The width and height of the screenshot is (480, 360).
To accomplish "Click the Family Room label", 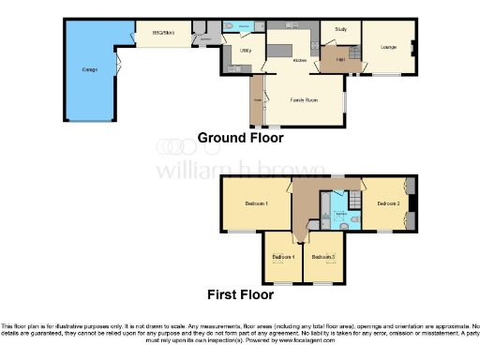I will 303,98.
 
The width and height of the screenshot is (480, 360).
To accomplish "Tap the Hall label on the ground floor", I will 341,60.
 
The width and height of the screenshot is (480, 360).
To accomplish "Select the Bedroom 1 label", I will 256,203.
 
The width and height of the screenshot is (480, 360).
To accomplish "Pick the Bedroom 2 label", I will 389,203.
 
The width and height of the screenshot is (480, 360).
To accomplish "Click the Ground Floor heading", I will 240,138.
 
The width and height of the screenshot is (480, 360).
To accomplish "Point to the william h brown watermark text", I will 240,171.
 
